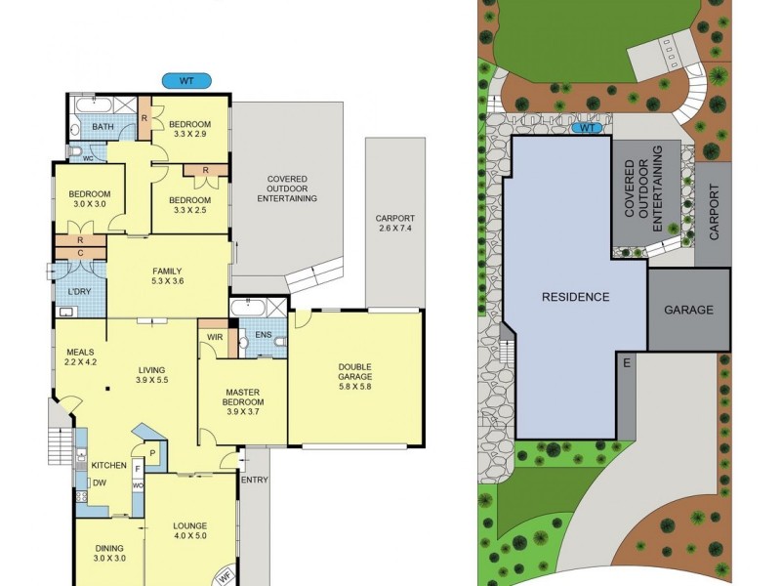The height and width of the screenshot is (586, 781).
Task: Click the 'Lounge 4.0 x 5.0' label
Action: pos(191,529)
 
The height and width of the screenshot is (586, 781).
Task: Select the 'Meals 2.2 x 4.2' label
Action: pos(79,356)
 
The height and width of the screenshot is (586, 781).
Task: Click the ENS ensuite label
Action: pos(263,335)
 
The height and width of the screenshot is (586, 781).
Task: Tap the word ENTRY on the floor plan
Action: pos(254,480)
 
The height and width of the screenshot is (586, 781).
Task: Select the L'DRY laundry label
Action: pos(79,292)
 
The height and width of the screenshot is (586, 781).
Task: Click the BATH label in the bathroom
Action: pos(103,128)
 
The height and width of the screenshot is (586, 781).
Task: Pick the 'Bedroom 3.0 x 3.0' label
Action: pos(89,199)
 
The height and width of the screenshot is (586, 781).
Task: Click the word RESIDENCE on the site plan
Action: pos(576,297)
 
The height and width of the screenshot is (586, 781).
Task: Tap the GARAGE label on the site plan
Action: pos(688,310)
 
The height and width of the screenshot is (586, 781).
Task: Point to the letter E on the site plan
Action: pos(627,363)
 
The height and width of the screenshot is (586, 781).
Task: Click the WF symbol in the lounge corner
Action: pos(225,575)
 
